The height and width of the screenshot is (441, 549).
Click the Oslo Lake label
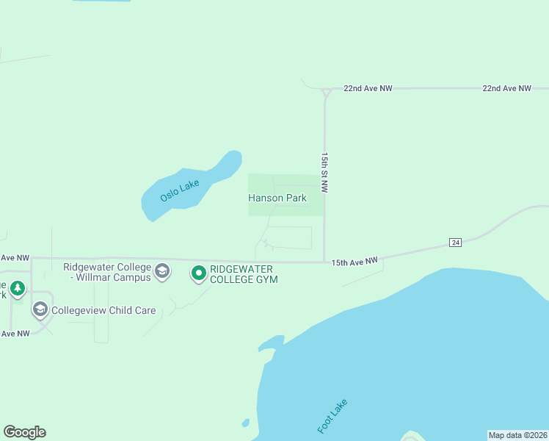[180, 192]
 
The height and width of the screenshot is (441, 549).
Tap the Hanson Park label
[277, 198]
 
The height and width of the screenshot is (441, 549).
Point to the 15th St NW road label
[324, 173]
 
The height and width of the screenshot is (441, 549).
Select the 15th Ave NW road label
[354, 261]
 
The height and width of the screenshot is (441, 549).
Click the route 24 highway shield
[455, 243]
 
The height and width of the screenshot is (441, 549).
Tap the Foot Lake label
[332, 416]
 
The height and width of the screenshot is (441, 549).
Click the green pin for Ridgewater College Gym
[198, 273]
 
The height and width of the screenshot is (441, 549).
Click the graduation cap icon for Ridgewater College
[162, 273]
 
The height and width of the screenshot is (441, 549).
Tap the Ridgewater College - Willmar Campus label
[107, 272]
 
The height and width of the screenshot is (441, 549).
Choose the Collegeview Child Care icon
[40, 310]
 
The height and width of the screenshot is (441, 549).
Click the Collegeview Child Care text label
[103, 310]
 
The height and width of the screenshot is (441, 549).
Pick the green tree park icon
[17, 288]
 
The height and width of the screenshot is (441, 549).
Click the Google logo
[24, 432]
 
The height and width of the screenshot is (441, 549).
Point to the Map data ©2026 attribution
[517, 435]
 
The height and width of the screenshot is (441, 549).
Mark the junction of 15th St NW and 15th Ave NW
[324, 262]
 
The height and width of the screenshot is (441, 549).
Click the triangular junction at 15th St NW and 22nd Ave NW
[324, 91]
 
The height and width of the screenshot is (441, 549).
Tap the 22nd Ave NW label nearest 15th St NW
[368, 88]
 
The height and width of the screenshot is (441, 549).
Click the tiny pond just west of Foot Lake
[245, 423]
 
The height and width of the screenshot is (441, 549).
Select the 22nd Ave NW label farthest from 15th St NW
[506, 88]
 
